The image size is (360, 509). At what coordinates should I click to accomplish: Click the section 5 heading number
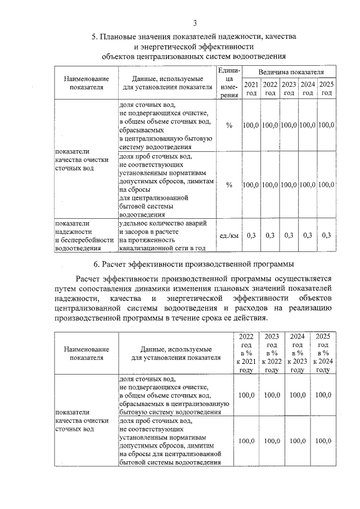click(x=94, y=37)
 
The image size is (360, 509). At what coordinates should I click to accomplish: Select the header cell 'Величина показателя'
click(x=291, y=73)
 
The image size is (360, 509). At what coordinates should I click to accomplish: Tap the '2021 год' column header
click(x=252, y=89)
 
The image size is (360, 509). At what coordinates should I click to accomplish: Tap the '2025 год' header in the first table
click(x=327, y=89)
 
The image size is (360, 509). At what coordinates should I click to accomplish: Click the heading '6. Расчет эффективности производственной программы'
click(x=194, y=264)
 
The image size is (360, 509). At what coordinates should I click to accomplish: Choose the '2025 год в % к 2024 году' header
click(x=323, y=353)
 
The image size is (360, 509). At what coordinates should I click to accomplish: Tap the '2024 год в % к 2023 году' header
click(x=297, y=353)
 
